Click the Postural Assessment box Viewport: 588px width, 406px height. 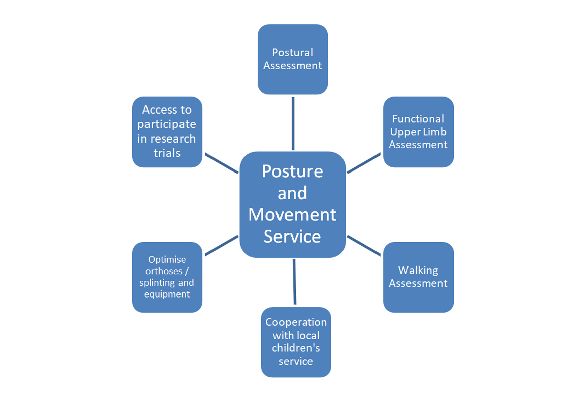click(292, 59)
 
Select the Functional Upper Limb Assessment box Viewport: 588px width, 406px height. click(418, 132)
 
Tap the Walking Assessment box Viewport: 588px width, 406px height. click(418, 277)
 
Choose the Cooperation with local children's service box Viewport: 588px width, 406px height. click(296, 342)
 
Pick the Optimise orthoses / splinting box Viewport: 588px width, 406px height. click(167, 277)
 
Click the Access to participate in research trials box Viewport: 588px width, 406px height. click(167, 132)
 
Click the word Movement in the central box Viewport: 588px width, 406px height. click(292, 215)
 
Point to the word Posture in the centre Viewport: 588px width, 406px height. click(292, 171)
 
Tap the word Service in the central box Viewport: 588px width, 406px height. click(292, 236)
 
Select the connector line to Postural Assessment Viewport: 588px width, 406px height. click(293, 123)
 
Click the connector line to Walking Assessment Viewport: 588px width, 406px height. click(364, 246)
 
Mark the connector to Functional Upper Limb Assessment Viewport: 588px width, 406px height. click(364, 163)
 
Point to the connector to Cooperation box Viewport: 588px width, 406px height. click(294, 282)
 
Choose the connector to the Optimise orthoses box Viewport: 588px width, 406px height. click(222, 246)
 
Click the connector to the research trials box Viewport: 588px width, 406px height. click(222, 163)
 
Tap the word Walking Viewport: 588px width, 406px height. click(418, 270)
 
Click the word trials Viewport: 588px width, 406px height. click(167, 153)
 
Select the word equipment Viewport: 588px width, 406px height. click(167, 294)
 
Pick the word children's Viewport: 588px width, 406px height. click(296, 348)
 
